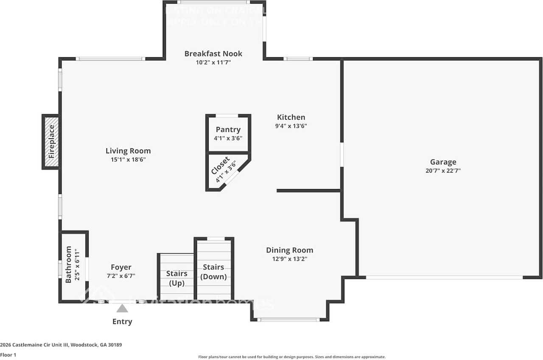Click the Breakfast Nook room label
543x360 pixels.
(213, 53)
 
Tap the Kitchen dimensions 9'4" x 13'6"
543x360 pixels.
(291, 126)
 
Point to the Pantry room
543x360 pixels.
(228, 133)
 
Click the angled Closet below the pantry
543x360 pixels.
(223, 171)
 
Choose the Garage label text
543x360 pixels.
(443, 162)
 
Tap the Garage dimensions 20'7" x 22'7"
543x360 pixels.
(443, 171)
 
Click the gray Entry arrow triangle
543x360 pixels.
(122, 308)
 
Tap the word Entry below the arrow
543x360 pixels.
(122, 321)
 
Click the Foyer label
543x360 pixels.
(121, 267)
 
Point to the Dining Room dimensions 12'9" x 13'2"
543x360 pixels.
(289, 259)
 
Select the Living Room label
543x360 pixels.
(128, 151)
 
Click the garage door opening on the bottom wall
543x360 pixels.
(444, 277)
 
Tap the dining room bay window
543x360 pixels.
(289, 319)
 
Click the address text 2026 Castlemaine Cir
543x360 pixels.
(61, 345)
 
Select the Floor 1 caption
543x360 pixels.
(8, 355)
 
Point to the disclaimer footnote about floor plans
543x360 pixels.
(292, 357)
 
